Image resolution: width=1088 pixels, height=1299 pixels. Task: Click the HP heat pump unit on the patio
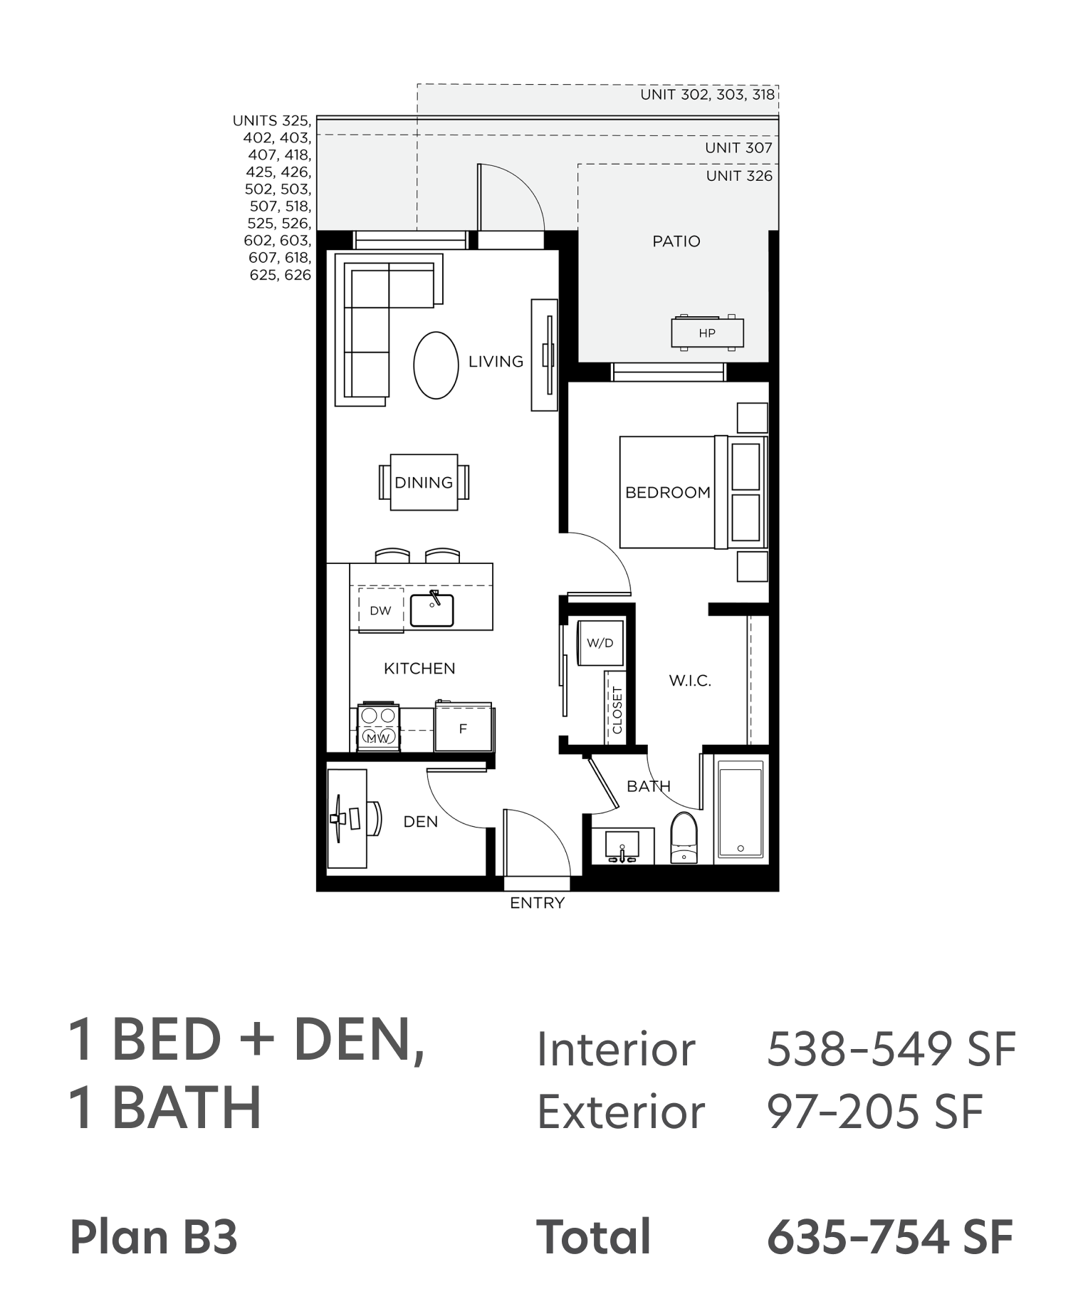(707, 333)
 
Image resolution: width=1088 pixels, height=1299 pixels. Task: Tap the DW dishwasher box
(381, 610)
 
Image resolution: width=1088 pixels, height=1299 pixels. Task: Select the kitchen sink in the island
(432, 609)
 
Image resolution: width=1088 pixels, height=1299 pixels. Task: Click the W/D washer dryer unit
(600, 642)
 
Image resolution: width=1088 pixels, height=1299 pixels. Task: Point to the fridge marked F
(464, 727)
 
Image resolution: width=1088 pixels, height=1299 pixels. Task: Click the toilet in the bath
(684, 838)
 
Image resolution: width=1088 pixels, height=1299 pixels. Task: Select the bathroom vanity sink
(623, 846)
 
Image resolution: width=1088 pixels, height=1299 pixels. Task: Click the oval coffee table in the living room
(436, 365)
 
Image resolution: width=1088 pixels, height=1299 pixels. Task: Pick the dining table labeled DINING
(424, 482)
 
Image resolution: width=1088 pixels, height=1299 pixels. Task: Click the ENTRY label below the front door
(538, 903)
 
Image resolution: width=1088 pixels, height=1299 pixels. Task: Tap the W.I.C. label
(690, 681)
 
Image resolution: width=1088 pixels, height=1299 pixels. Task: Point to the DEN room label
(421, 822)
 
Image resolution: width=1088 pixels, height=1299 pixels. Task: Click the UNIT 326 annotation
(739, 176)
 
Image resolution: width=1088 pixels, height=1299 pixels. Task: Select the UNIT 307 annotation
(739, 148)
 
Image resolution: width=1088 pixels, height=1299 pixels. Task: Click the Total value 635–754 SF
(890, 1236)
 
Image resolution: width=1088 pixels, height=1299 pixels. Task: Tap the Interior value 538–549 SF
(891, 1049)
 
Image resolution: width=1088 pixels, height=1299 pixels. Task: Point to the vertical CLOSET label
(617, 710)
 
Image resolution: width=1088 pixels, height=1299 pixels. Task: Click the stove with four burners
(378, 727)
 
